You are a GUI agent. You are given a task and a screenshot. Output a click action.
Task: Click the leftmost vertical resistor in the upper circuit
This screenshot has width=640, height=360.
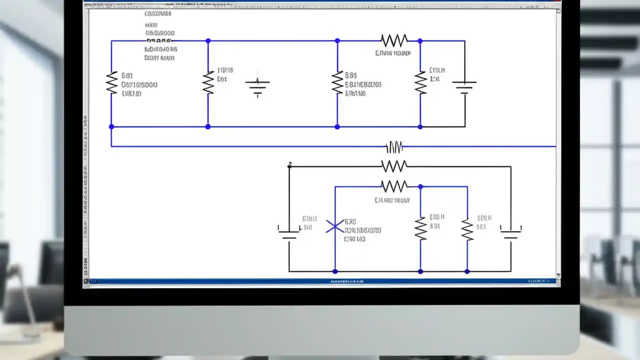point(111,82)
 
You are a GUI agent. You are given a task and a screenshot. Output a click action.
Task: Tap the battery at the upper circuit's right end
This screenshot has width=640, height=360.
point(464,86)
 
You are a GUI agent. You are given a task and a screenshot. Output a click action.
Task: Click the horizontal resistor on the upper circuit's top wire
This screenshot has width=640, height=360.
point(394,40)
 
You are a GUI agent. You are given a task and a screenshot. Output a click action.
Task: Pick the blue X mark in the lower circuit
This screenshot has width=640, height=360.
point(335,227)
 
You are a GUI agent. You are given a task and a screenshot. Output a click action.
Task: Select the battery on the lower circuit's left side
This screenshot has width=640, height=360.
point(288,231)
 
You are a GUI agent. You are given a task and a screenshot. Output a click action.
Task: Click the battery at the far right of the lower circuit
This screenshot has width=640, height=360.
point(510,231)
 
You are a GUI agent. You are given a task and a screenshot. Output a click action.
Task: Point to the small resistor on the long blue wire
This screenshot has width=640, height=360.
point(394,147)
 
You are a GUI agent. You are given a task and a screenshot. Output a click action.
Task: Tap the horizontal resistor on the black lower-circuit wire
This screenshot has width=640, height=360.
point(394,166)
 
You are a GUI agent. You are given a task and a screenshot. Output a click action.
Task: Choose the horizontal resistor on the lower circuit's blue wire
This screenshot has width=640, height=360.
point(394,186)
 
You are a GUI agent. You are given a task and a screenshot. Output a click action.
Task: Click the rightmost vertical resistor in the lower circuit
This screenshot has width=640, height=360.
point(467,229)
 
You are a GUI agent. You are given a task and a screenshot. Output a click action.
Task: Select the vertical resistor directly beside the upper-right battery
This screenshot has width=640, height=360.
point(420,82)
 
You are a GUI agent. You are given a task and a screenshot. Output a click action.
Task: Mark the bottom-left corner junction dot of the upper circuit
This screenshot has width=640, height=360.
point(111,127)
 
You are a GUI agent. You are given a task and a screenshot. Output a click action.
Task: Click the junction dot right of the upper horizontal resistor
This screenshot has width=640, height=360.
point(420,41)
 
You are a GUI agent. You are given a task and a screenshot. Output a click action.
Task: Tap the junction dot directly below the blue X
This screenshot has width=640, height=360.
point(335,271)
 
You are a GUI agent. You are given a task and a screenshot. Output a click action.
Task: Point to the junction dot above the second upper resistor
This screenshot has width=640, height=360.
point(208,41)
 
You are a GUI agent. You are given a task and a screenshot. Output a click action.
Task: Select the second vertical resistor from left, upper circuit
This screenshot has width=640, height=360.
point(208,82)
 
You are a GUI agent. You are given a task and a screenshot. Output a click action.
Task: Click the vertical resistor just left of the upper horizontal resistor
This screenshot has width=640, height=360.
point(337,82)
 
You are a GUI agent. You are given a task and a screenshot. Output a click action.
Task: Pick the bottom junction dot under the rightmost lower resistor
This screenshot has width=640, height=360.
point(467,271)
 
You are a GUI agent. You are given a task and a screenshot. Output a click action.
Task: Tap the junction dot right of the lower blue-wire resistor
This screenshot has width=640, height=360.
point(420,186)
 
